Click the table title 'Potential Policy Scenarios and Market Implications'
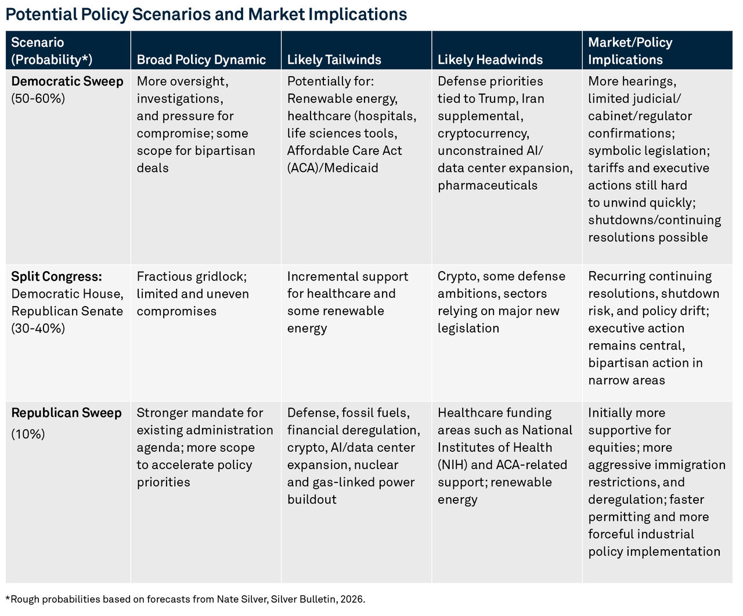[x=206, y=15]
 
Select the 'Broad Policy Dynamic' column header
[x=201, y=59]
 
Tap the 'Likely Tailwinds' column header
[x=334, y=59]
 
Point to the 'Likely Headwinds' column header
[x=490, y=59]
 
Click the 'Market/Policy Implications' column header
[x=630, y=51]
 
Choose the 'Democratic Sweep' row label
[x=67, y=81]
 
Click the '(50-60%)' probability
[x=38, y=99]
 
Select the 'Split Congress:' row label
[x=56, y=276]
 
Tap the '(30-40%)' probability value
[x=38, y=329]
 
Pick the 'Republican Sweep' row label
[x=67, y=413]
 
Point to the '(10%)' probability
[x=28, y=434]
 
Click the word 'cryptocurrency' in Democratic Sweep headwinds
[x=483, y=134]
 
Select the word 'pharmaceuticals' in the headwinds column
[x=488, y=185]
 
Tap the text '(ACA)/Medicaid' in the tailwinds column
[x=333, y=168]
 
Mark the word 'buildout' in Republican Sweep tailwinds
[x=312, y=500]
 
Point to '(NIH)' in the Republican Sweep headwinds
[x=453, y=465]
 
